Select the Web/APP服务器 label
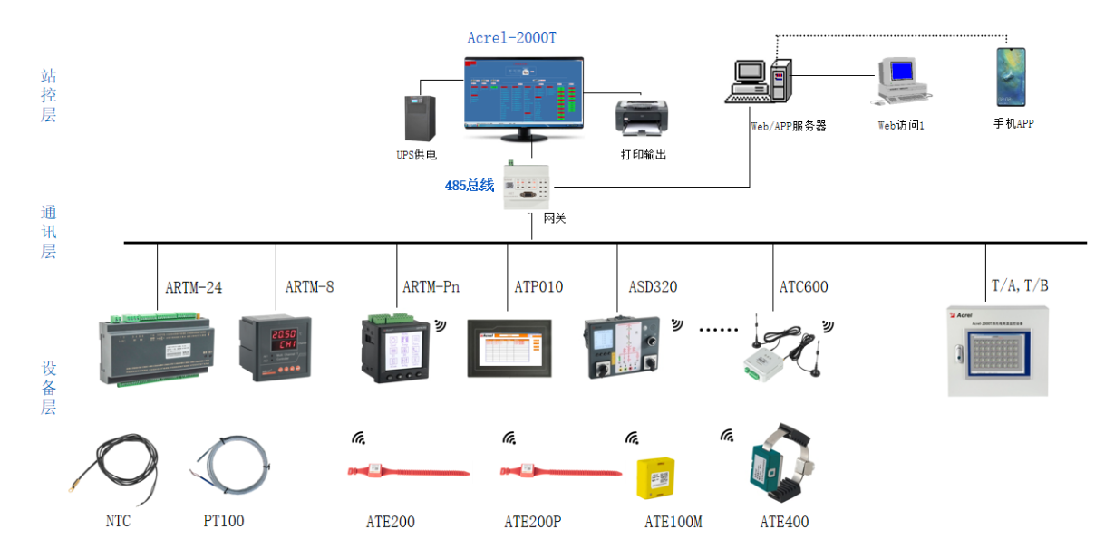(789, 127)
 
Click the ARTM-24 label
(193, 287)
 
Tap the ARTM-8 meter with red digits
(275, 346)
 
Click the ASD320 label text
(653, 287)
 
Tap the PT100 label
(223, 521)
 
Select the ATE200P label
(533, 522)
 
